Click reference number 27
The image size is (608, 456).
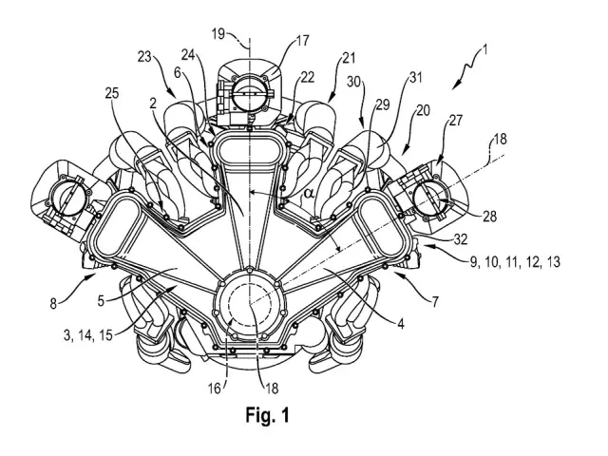pos(455,121)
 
